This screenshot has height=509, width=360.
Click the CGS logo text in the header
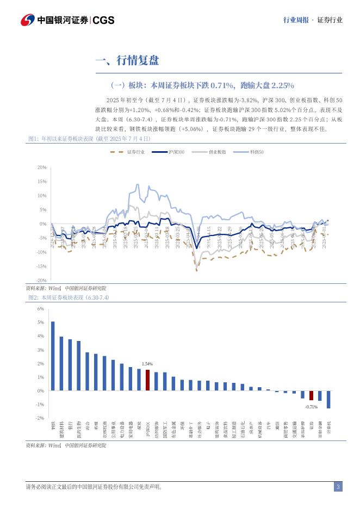103,20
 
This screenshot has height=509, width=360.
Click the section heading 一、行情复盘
127,60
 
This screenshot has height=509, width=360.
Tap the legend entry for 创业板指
217,153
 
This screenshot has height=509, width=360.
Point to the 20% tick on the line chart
41,167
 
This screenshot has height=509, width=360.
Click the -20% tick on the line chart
41,281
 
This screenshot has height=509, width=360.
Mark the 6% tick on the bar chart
40,309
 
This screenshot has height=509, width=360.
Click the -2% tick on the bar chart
40,418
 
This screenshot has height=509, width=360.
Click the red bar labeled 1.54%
147,380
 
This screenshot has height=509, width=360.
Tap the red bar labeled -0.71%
312,395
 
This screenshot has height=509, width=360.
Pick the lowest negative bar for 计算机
328,400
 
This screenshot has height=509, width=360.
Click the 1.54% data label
147,364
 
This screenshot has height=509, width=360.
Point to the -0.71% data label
311,407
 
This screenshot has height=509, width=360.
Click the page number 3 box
338,487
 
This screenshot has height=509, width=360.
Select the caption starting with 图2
69,297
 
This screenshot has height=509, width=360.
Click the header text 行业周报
296,20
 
